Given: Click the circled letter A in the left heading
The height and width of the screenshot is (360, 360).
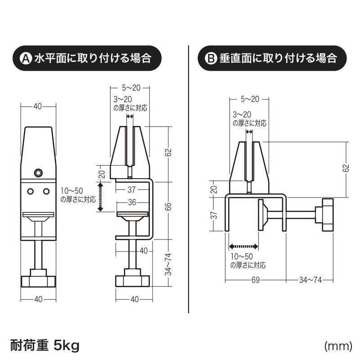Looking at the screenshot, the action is click(26, 58).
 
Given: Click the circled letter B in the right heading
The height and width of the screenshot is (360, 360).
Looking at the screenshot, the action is click(211, 58).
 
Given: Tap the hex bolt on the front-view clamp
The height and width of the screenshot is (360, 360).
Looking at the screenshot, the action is click(38, 173).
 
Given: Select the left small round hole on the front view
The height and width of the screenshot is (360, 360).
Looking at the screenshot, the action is click(30, 191).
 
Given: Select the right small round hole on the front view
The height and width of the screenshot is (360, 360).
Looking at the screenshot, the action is click(46, 191).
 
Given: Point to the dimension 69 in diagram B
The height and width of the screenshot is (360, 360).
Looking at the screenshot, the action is click(256, 280).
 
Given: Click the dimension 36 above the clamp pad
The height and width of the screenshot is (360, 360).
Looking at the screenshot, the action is click(132, 202).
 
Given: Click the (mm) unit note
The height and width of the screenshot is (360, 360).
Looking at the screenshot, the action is click(338, 346).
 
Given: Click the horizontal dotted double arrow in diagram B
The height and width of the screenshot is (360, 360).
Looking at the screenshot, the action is click(243, 247).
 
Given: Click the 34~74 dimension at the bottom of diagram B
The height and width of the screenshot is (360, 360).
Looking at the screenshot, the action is click(310, 280).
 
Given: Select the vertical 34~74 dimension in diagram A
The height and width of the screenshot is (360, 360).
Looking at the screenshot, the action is click(168, 264).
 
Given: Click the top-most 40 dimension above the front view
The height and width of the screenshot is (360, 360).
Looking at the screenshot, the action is click(38, 106).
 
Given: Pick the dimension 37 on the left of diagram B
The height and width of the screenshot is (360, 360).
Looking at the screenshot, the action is click(214, 215).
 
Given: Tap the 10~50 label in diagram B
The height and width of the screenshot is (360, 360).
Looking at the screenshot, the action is click(242, 256).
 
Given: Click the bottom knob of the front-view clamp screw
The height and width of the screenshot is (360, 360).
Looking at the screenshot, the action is click(38, 278).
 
